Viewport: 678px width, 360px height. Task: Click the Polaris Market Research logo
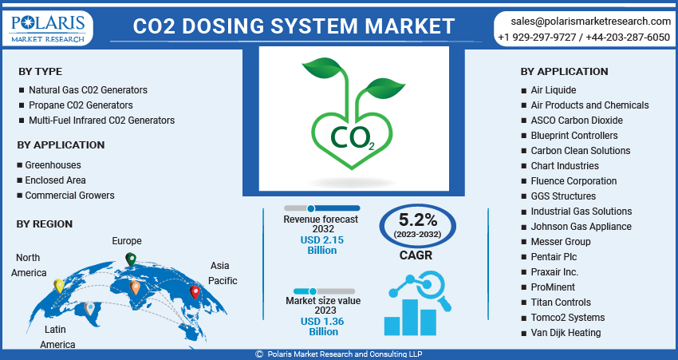point(48,28)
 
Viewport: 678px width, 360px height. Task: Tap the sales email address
point(590,22)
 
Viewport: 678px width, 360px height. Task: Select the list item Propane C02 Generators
point(81,105)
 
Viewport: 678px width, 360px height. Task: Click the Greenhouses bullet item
point(53,165)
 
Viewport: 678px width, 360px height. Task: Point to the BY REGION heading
point(45,224)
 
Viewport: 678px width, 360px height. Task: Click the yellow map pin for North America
point(59,286)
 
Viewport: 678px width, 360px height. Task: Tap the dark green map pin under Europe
point(131,259)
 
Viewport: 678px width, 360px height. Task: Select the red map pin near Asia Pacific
point(195,292)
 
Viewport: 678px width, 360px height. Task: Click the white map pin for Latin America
point(89,308)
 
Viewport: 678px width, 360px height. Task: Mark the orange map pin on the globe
point(135,287)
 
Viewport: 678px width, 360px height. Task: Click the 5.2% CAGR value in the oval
point(418,220)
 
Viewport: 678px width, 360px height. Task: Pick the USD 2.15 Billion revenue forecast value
point(322,245)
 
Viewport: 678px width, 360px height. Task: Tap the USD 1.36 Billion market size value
point(323,326)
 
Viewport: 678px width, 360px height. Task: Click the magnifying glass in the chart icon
point(431,287)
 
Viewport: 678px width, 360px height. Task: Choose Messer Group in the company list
point(561,241)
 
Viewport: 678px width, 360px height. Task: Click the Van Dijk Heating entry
point(566,333)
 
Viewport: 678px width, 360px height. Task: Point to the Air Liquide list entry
point(554,90)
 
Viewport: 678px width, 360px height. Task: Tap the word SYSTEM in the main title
point(315,26)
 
